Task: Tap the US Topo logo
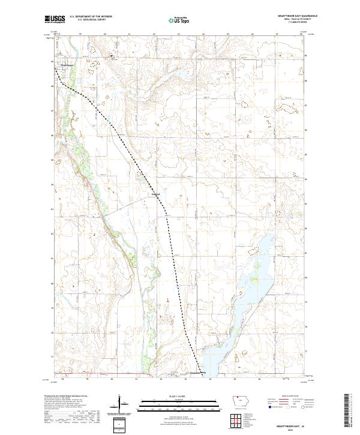pyautogui.click(x=179, y=19)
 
